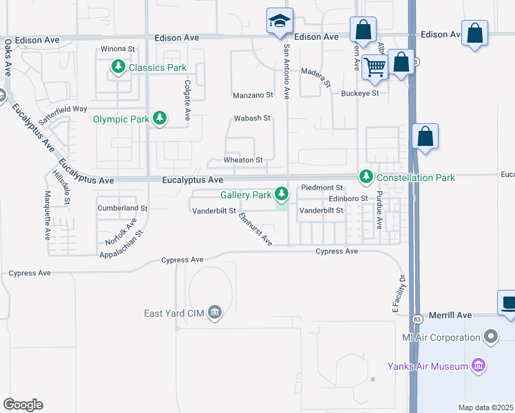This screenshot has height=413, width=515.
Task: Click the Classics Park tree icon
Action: click(118, 67)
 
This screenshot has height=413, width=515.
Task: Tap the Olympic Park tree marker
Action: click(160, 119)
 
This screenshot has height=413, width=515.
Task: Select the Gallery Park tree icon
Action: click(282, 195)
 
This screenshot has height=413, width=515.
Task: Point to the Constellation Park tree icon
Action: click(366, 178)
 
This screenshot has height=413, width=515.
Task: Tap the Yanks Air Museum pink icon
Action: click(479, 366)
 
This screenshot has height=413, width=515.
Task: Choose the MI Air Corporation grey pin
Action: click(490, 337)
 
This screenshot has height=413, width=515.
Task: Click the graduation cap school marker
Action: click(280, 22)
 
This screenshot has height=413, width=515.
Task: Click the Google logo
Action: click(23, 404)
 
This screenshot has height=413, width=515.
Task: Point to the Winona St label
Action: click(117, 49)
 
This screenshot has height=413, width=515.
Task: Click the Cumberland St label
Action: click(123, 208)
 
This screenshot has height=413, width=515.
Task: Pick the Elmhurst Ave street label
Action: click(255, 229)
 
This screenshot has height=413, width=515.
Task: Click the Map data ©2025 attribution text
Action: click(485, 407)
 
